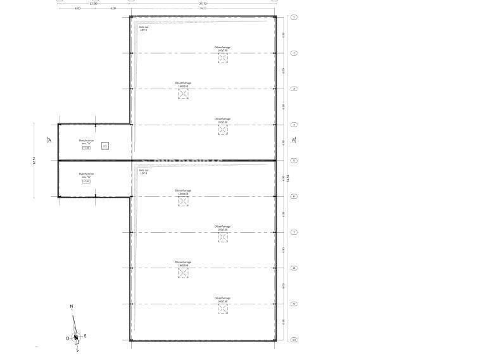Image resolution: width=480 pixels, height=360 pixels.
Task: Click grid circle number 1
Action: (294, 17)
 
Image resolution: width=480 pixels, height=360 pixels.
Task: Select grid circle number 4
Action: (294, 125)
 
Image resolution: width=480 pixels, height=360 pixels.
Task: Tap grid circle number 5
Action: (294, 161)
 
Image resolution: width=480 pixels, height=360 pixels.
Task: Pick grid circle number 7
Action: (294, 232)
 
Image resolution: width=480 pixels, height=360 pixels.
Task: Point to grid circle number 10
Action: (294, 340)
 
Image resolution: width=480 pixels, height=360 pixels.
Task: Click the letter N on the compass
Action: (72, 307)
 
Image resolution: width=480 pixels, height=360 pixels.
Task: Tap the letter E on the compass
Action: (85, 336)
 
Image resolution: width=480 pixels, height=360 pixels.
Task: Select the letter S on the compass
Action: (77, 349)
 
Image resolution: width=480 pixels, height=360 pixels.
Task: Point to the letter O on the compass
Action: (67, 338)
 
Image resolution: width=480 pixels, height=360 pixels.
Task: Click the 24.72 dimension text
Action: (203, 3)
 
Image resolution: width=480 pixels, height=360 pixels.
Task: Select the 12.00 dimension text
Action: (93, 3)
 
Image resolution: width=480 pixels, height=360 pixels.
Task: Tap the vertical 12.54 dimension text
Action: (34, 161)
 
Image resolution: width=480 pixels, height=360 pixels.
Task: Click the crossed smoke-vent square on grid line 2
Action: (222, 58)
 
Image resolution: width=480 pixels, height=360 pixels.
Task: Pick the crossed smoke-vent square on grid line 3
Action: (183, 94)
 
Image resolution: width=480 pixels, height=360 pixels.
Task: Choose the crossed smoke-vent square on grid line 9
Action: (222, 309)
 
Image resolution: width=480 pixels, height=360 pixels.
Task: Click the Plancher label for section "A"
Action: (86, 142)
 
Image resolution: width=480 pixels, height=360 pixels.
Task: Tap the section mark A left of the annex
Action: (49, 139)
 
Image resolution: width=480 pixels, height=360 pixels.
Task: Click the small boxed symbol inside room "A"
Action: (105, 146)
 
